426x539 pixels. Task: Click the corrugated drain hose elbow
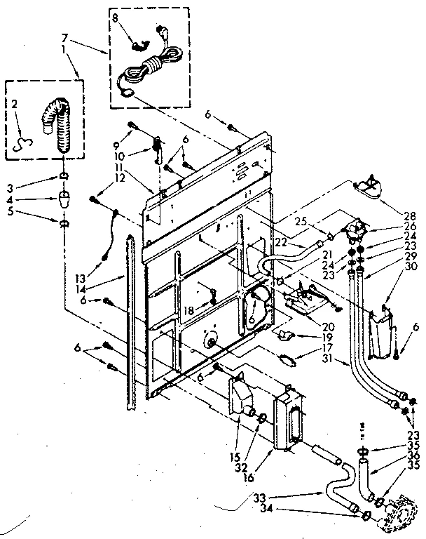55,126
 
